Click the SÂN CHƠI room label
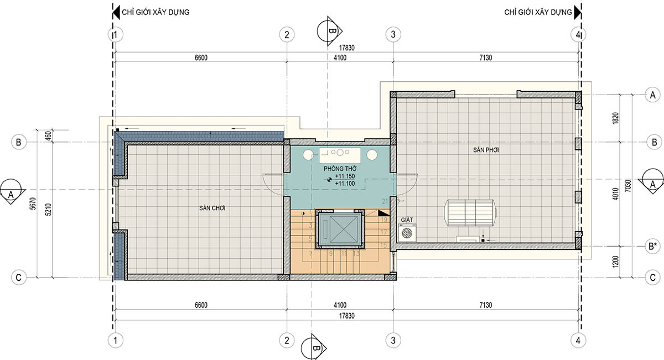coord(212,208)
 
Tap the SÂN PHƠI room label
coord(486,150)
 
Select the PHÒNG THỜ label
coord(340,169)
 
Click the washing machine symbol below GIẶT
coord(407,233)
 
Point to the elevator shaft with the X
coord(340,229)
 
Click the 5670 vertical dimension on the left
coord(33,204)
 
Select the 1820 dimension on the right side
coord(616,118)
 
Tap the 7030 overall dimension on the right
coord(628,186)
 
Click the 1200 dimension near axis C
coord(616,262)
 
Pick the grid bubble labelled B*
coord(653,246)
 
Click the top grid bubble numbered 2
coord(287,35)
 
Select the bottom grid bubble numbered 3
coord(393,341)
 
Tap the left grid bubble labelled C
coord(19,278)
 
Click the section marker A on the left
coord(12,192)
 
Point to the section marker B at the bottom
coord(314,347)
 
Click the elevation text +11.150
coord(345,176)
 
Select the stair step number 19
coord(384,220)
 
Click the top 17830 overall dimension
coord(346,48)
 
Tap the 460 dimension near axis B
coord(49,135)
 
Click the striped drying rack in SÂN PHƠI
coord(471,212)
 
